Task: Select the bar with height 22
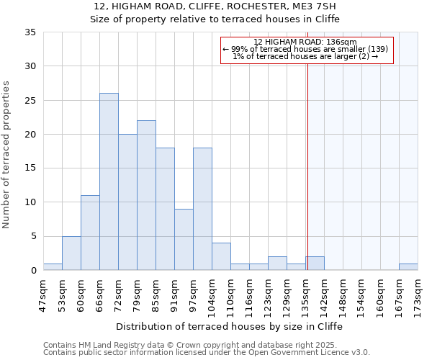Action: [x=146, y=195]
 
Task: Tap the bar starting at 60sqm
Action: [x=90, y=233]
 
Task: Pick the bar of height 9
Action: [x=184, y=239]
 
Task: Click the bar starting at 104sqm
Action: [x=221, y=256]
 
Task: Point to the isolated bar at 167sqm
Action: [x=408, y=267]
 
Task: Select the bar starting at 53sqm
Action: [x=71, y=253]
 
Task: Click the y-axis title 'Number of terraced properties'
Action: [x=7, y=155]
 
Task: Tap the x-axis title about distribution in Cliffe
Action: [x=230, y=326]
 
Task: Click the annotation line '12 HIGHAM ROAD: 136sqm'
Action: [x=305, y=42]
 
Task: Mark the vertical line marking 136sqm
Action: [x=307, y=166]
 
